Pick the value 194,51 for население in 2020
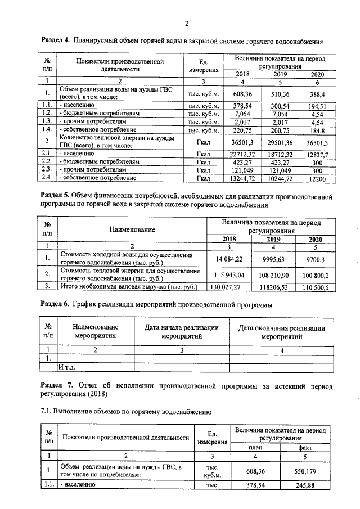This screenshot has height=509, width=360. click(x=317, y=105)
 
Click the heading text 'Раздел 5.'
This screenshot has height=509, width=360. click(x=56, y=196)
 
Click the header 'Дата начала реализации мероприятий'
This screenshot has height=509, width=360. click(x=182, y=332)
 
